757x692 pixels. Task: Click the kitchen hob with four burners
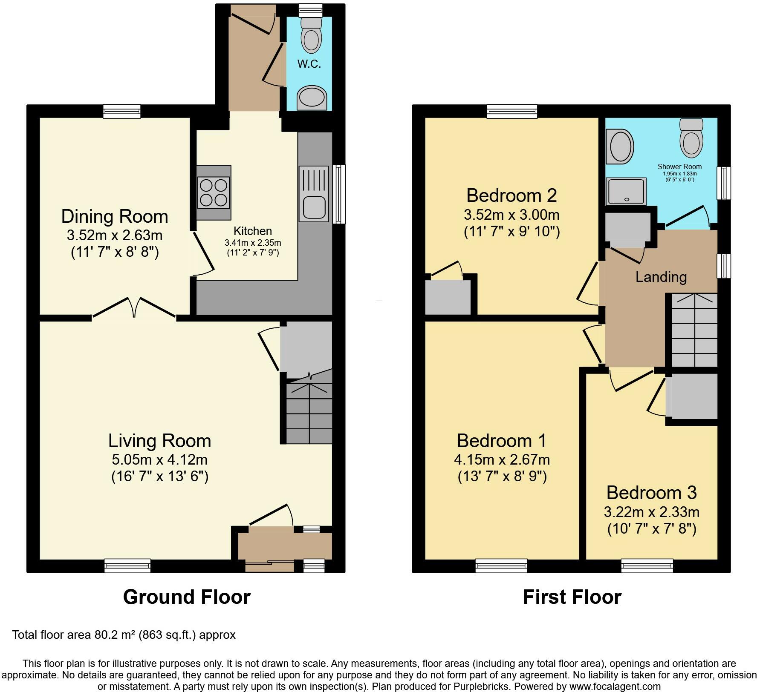214,192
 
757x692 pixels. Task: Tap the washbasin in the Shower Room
620,146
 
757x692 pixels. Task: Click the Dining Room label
115,216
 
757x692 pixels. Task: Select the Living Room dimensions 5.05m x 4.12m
160,460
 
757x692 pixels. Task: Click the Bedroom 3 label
651,493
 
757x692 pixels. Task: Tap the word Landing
661,277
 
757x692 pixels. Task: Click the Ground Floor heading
187,597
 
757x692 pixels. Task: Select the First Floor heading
572,597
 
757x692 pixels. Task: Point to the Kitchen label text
253,231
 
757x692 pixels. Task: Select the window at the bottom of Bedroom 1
501,566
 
